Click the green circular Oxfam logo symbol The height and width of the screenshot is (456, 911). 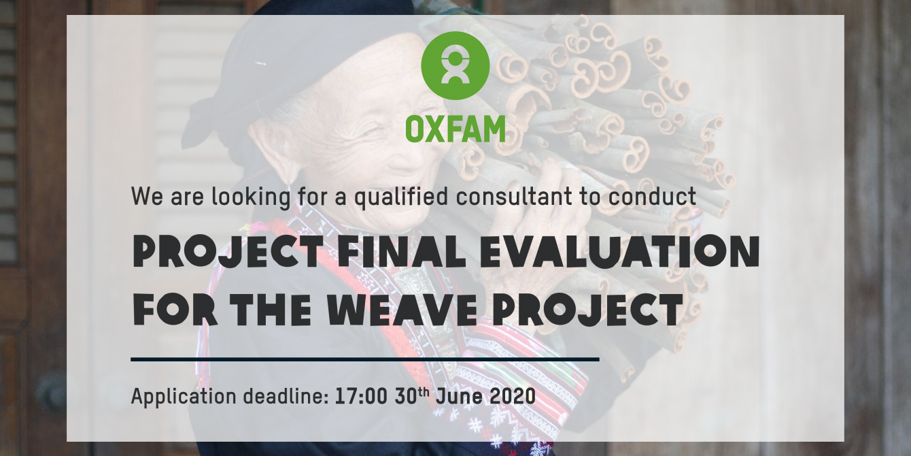[x=455, y=65]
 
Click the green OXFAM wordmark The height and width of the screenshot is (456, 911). [x=455, y=129]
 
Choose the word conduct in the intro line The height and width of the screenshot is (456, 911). [x=652, y=196]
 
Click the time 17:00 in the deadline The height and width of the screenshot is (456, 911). [x=361, y=396]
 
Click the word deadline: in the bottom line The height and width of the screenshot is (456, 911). [x=286, y=396]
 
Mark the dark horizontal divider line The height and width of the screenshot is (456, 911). [x=365, y=359]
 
